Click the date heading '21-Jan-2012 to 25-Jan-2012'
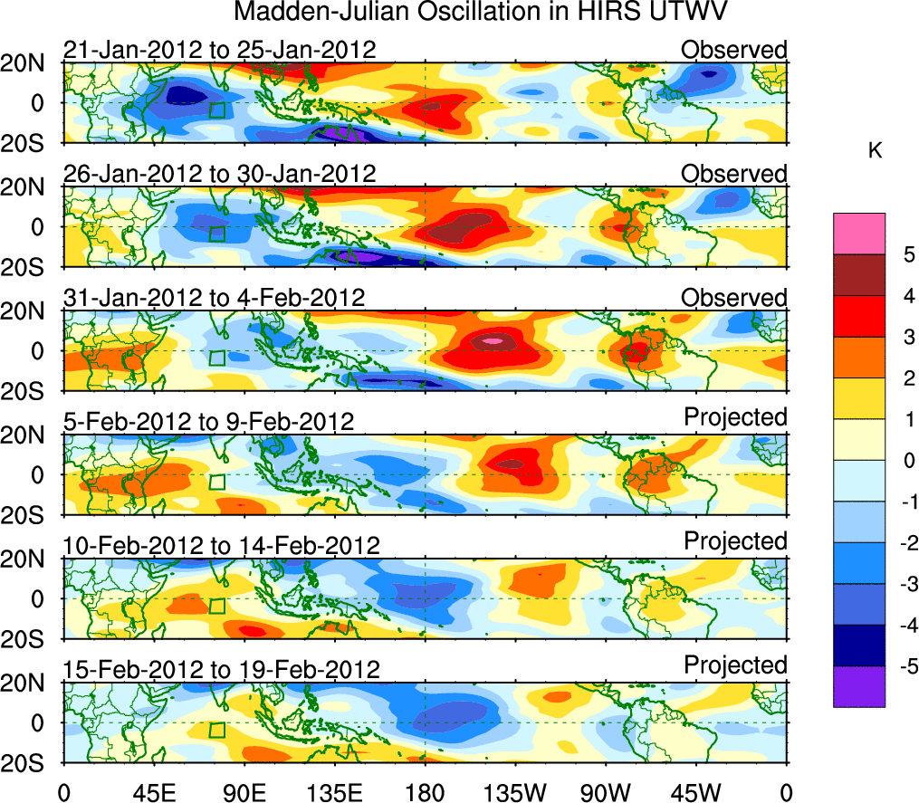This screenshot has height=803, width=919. click(219, 49)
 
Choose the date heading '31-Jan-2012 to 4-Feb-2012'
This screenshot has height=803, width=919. click(214, 297)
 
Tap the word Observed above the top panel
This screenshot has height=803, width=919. click(734, 49)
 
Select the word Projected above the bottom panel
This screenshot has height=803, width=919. click(735, 665)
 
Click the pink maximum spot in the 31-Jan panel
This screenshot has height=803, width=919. click(492, 341)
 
